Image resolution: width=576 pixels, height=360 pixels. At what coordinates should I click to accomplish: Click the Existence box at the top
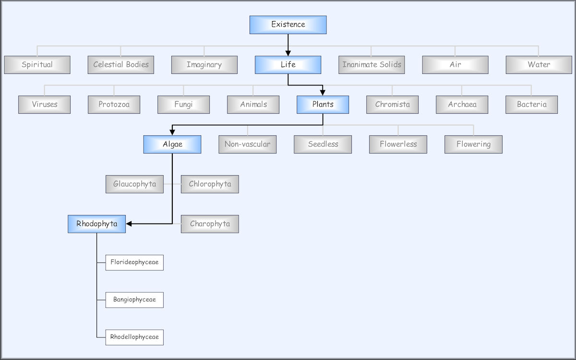click(288, 24)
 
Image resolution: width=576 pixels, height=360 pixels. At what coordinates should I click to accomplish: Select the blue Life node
click(288, 65)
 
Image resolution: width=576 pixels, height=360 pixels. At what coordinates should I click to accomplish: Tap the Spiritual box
click(37, 65)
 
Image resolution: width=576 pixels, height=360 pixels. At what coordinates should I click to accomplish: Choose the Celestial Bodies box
click(120, 65)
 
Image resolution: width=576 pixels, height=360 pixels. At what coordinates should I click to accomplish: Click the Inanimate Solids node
click(372, 65)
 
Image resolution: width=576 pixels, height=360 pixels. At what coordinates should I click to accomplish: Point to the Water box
click(539, 65)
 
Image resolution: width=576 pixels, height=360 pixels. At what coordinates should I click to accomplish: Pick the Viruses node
click(44, 105)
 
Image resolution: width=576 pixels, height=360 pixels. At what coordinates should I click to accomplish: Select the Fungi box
click(183, 105)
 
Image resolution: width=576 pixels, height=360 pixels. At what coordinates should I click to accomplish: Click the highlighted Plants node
click(323, 105)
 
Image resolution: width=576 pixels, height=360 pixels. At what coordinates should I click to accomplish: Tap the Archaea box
click(462, 105)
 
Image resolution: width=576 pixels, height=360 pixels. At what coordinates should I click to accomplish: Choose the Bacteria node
click(531, 105)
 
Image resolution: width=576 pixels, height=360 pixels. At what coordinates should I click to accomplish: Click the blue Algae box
click(172, 144)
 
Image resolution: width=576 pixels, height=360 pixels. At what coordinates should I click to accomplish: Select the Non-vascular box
click(247, 144)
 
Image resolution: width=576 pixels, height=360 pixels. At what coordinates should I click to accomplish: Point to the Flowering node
click(473, 144)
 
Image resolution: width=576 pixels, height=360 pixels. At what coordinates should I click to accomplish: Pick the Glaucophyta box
click(134, 184)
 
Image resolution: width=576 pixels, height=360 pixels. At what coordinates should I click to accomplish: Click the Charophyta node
click(210, 224)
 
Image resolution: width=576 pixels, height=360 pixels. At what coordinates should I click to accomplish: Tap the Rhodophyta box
click(96, 224)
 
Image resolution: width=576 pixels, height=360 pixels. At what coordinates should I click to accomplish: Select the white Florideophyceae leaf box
click(134, 263)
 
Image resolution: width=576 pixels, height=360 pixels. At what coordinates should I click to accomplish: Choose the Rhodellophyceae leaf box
click(134, 337)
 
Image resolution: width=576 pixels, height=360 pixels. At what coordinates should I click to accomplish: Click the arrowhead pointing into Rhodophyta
click(129, 224)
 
